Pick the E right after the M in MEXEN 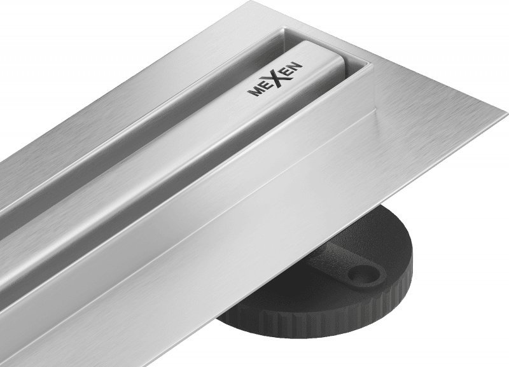[263, 87]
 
